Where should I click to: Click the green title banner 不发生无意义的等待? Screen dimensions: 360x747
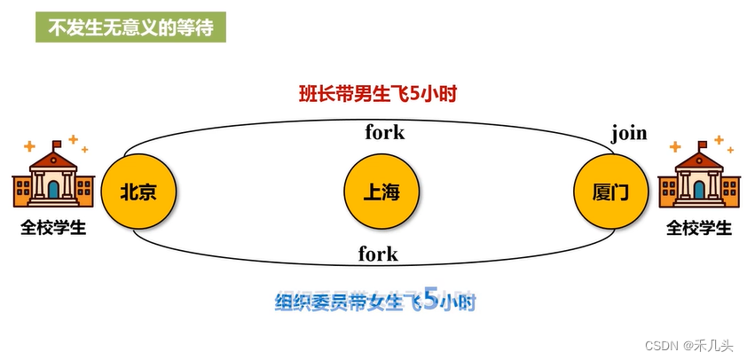tap(130, 27)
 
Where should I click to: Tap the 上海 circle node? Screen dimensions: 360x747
tap(381, 192)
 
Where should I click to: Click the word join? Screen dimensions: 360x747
tap(628, 134)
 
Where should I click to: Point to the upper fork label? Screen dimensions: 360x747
tap(384, 133)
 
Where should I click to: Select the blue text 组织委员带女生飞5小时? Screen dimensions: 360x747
tap(375, 301)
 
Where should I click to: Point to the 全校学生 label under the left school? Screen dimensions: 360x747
tap(53, 228)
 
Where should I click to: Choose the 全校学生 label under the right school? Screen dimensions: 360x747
tap(699, 228)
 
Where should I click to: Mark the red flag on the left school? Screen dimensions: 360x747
tap(58, 144)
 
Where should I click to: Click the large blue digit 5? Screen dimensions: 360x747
tap(430, 300)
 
